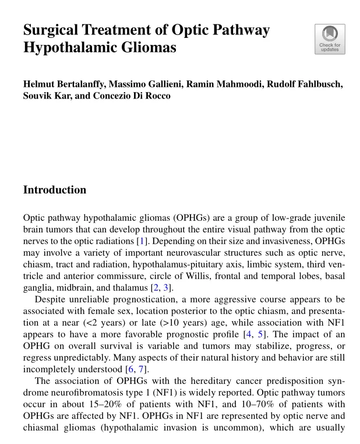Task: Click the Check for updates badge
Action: point(330,39)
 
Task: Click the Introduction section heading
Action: point(55,190)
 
